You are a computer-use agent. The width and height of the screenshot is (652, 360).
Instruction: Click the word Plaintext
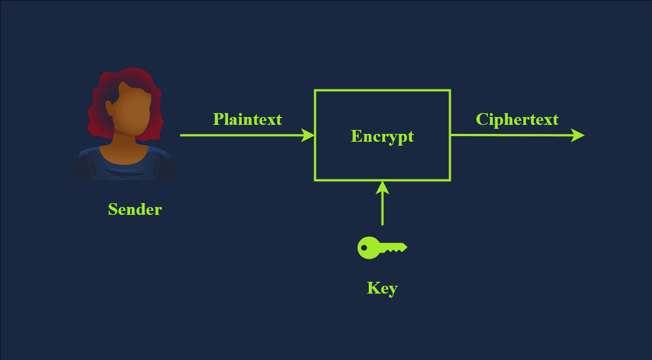[247, 119]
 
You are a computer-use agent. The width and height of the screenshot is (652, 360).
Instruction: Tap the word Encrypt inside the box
[382, 136]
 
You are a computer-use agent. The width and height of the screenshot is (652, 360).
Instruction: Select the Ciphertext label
[517, 119]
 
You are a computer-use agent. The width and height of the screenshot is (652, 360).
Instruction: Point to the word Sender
[135, 209]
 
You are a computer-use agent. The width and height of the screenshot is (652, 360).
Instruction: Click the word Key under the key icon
[382, 288]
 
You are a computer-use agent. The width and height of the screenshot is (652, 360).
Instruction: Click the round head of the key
[368, 247]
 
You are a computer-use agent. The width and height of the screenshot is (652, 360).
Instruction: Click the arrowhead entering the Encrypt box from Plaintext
[308, 135]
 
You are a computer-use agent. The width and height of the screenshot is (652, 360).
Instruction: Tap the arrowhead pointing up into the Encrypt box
[382, 187]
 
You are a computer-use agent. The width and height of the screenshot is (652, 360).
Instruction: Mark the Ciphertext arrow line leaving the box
[506, 135]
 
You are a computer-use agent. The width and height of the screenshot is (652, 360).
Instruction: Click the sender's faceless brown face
[130, 112]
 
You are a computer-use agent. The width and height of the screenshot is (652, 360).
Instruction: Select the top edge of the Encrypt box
[382, 90]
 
